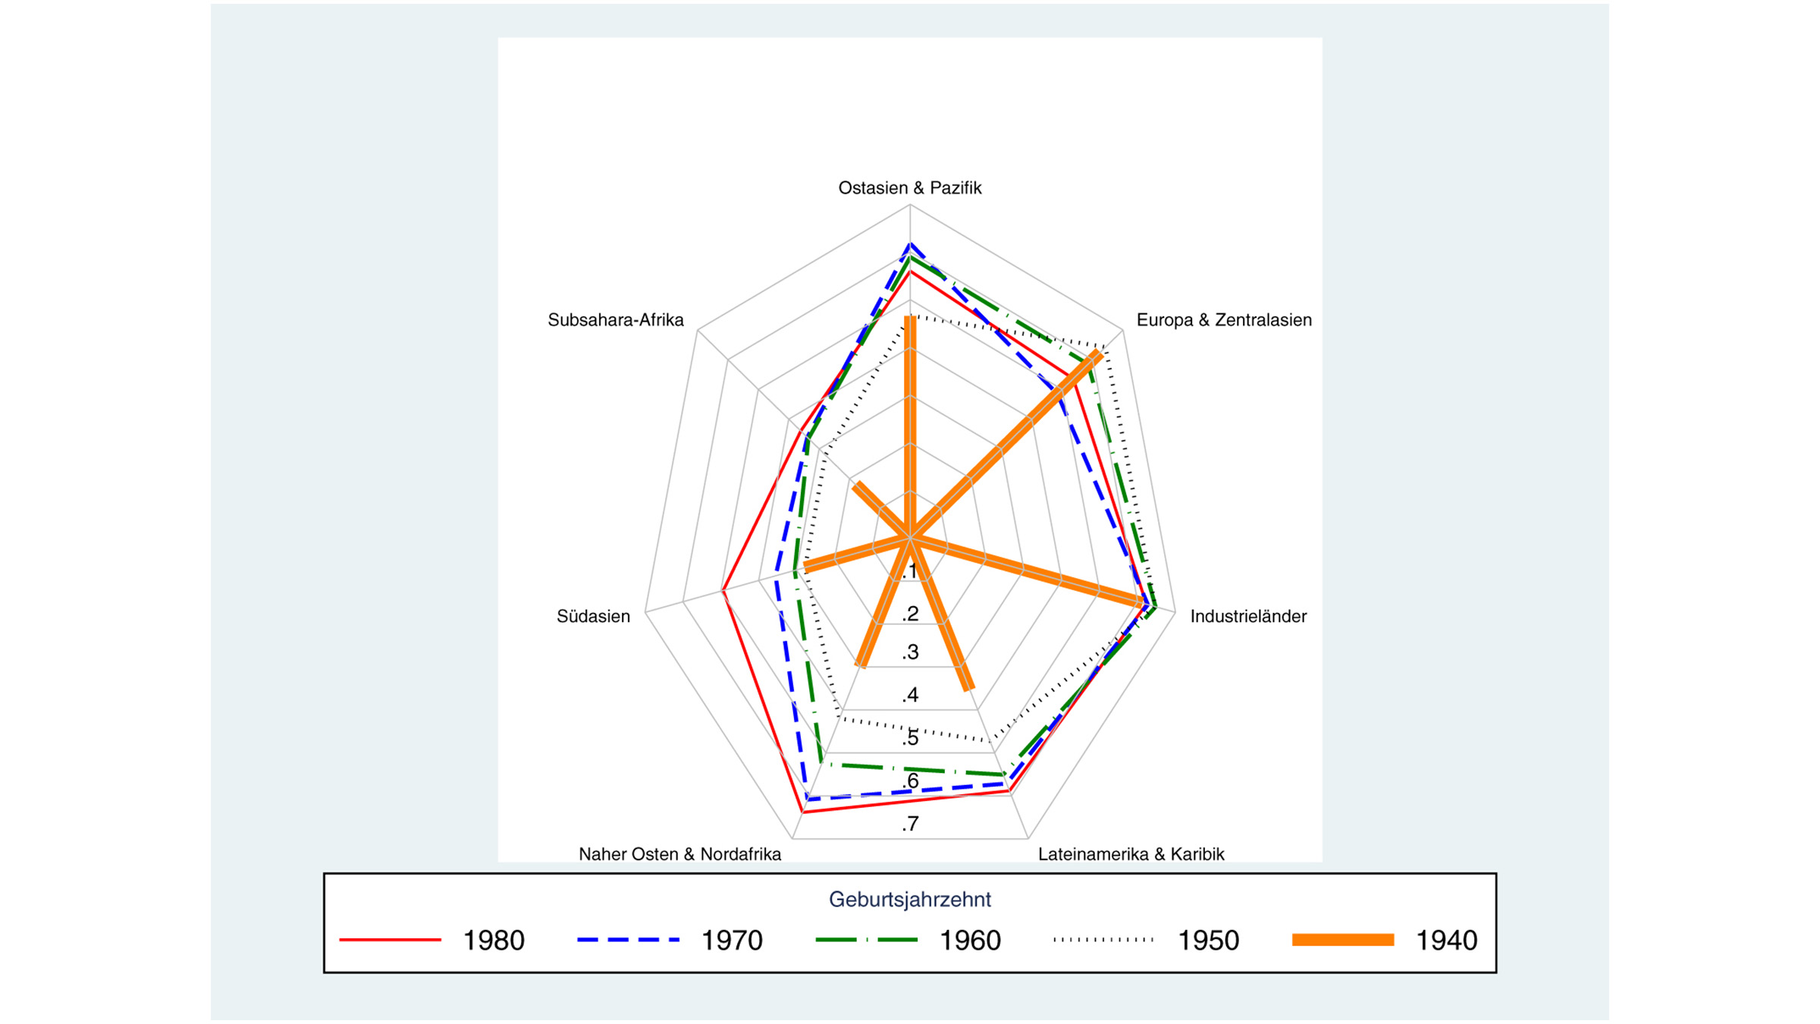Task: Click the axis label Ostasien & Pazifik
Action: coord(909,188)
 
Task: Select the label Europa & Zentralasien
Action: coord(1223,320)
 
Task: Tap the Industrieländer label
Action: coord(1247,617)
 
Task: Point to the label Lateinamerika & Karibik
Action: coord(1131,854)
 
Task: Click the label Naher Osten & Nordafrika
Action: coord(679,854)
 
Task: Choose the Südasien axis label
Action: coord(593,617)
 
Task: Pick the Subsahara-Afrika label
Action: coord(615,320)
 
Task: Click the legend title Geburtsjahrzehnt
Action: coord(909,900)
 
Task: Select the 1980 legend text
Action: coord(493,941)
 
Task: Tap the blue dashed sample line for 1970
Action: coord(628,940)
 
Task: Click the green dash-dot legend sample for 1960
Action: coord(866,940)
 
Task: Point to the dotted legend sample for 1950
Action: coord(1104,940)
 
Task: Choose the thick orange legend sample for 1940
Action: coord(1342,940)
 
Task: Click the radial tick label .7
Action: coord(910,824)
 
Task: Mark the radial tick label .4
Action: coord(910,695)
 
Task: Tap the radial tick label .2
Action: coord(910,614)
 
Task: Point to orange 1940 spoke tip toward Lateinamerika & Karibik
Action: coord(969,689)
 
